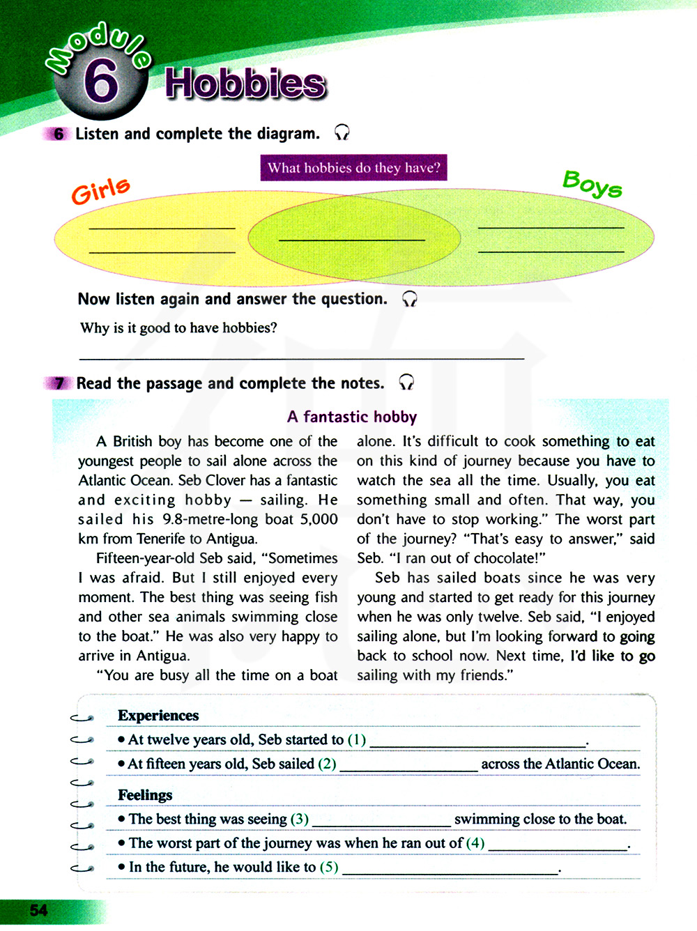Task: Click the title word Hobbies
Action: pos(245,84)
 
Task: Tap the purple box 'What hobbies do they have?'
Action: pos(354,168)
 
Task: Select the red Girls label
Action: pos(101,190)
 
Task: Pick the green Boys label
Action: pos(592,184)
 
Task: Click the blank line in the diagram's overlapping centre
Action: pos(352,240)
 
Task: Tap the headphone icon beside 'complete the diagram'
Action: pos(342,132)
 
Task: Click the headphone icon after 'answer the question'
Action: pos(410,299)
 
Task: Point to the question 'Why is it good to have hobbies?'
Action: pos(178,328)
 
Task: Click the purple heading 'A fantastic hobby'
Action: pos(352,417)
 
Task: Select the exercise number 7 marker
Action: pos(59,383)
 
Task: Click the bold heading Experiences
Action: pos(158,716)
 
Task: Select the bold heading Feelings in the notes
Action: pos(145,795)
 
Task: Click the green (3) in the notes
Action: pos(300,819)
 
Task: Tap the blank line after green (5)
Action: pos(450,871)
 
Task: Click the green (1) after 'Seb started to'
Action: pos(357,739)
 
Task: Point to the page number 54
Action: pos(39,910)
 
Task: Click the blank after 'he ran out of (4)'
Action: pos(558,848)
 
